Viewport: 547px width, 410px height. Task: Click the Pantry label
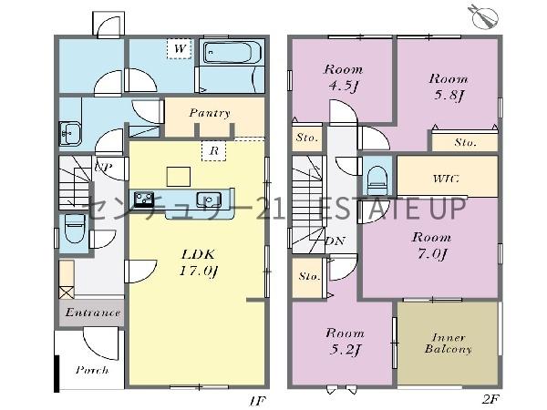click(x=210, y=113)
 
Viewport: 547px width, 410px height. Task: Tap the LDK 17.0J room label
click(x=198, y=262)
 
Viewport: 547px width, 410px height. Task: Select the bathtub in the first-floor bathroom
click(x=232, y=52)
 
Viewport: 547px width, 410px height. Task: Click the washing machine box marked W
click(x=179, y=48)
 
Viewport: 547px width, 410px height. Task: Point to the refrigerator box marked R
click(x=214, y=150)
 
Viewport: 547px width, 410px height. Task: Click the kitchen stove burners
click(x=144, y=200)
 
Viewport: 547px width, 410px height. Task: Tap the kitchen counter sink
click(x=208, y=200)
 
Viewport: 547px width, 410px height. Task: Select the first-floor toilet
click(x=75, y=229)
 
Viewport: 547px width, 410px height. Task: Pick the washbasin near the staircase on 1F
click(x=70, y=133)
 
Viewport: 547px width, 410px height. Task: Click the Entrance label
click(x=93, y=312)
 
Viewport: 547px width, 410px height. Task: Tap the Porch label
click(x=92, y=370)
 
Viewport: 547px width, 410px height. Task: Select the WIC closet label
click(x=446, y=179)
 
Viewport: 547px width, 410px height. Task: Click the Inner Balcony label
click(x=448, y=343)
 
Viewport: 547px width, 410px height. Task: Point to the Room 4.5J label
click(x=344, y=77)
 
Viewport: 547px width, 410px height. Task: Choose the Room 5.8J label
click(x=449, y=87)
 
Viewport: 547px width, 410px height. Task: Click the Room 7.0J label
click(x=431, y=245)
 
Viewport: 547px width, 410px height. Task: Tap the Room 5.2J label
click(x=345, y=342)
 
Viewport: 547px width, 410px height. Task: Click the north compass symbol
click(x=484, y=16)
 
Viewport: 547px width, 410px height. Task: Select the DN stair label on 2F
click(x=335, y=241)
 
